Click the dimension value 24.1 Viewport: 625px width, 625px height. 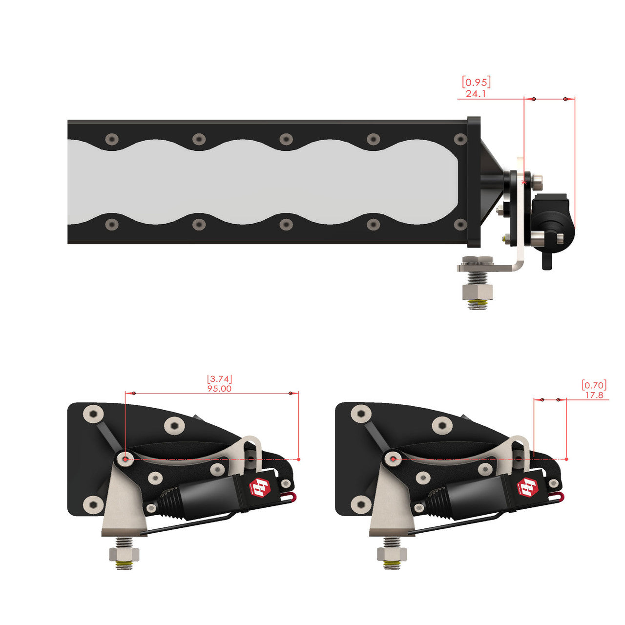[476, 93]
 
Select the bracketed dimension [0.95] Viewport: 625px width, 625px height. [476, 82]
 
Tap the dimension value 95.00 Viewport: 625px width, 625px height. [219, 389]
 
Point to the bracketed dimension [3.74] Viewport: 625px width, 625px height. [219, 379]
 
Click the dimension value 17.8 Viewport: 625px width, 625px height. [594, 395]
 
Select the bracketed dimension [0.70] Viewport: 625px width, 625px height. [594, 385]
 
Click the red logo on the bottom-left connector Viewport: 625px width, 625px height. [260, 486]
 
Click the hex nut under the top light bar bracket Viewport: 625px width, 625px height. [478, 292]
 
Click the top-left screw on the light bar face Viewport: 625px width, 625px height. [112, 139]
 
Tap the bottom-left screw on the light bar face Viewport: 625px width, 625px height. [112, 225]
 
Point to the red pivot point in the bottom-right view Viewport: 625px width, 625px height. [393, 459]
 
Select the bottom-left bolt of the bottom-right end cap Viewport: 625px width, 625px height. [361, 503]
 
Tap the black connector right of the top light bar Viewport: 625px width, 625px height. [552, 222]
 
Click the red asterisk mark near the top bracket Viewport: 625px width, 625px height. [524, 182]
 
